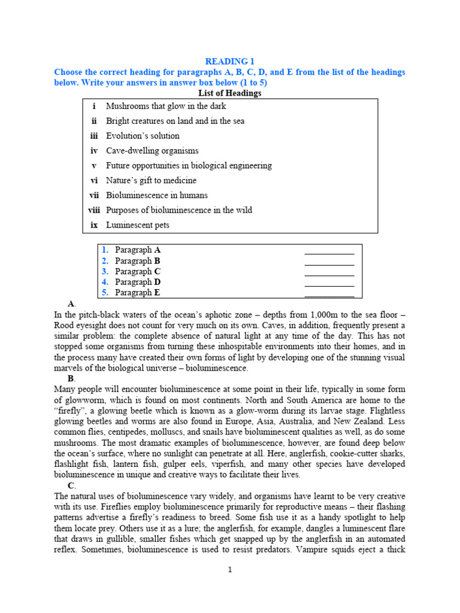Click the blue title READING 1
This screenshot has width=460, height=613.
229,62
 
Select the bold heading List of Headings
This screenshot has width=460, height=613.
229,93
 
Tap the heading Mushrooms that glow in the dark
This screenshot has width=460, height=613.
158,106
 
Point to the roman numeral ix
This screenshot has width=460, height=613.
93,225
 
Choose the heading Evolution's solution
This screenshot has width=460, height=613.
143,136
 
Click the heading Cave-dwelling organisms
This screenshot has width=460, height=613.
152,151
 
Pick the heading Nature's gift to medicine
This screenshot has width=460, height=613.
151,180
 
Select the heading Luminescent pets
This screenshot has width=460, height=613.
138,225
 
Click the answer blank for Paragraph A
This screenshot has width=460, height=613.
329,250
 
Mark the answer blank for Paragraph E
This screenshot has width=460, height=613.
329,293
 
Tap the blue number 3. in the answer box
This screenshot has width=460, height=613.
105,271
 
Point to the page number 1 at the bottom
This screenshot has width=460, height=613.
229,569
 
